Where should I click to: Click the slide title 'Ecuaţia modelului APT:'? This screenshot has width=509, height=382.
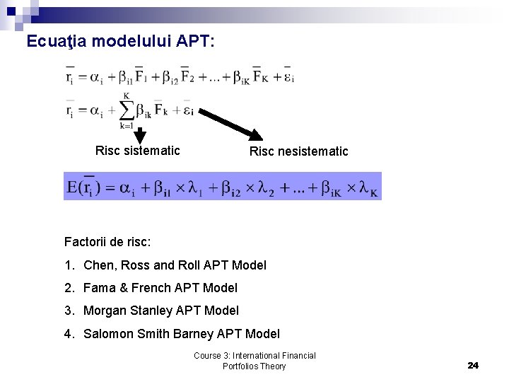(119, 42)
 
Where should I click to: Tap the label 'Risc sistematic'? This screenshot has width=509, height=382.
(137, 151)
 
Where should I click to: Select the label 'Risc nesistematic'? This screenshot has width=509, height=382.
(298, 151)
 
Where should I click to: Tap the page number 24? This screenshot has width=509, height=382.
(473, 365)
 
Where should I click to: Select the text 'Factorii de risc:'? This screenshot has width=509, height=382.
(107, 241)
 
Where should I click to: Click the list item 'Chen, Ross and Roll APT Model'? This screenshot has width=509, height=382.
(175, 265)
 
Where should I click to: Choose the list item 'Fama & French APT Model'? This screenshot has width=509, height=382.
(160, 288)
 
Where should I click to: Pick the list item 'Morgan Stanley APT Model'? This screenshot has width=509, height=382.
(160, 311)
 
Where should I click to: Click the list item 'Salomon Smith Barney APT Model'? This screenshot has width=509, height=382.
(181, 334)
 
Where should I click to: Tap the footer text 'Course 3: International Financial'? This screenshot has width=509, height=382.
(255, 356)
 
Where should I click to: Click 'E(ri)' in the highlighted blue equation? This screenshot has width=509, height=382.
(86, 187)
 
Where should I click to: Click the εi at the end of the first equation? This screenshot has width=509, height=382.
(288, 77)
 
